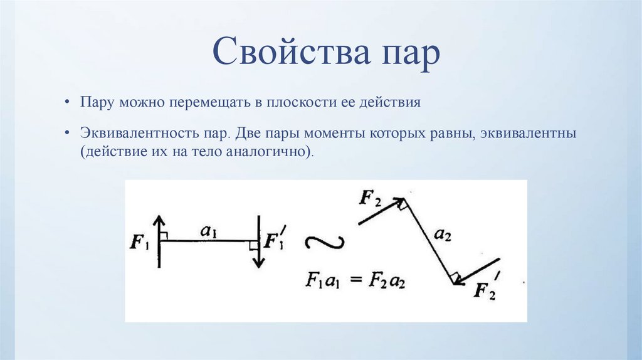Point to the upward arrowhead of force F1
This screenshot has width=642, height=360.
click(159, 220)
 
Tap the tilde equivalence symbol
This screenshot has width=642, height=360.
click(324, 242)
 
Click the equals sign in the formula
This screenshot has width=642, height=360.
click(357, 280)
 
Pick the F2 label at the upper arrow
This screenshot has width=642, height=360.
click(371, 199)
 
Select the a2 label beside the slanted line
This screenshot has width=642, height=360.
click(443, 236)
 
